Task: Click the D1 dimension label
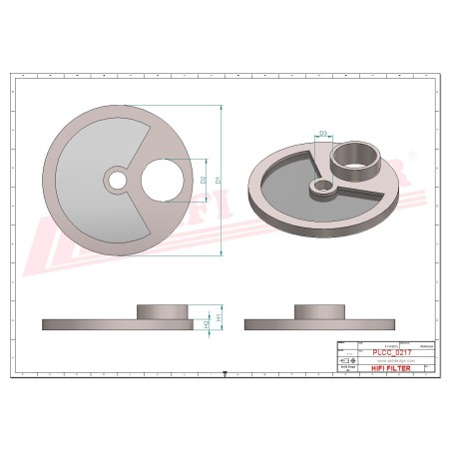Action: [x=219, y=180]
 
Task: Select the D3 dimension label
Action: [x=323, y=132]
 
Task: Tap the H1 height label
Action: [x=219, y=318]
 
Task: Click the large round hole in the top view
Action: [x=163, y=182]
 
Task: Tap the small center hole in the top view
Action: [x=118, y=181]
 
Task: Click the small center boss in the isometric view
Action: [x=322, y=187]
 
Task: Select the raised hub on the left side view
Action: [x=162, y=310]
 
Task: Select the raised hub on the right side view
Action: [x=317, y=310]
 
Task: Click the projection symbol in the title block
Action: [x=347, y=361]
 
